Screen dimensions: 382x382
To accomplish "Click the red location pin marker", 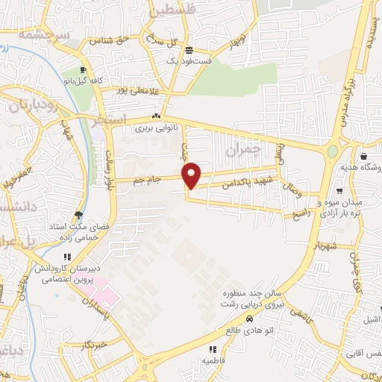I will [192, 175].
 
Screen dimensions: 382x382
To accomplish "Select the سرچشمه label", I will [45, 35].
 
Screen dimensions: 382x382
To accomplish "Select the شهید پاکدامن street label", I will [224, 184].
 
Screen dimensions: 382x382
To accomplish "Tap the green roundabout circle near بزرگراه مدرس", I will [331, 151].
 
